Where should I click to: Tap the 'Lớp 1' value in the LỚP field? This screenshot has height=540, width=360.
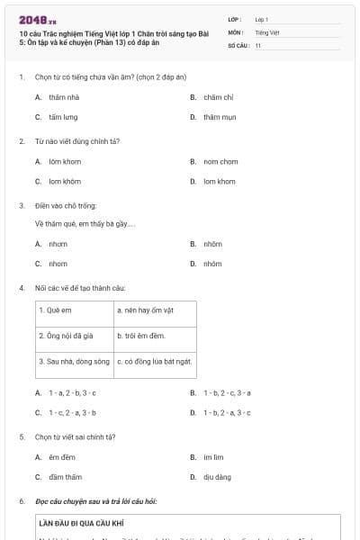click(262, 19)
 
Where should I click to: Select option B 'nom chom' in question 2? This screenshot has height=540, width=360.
click(220, 161)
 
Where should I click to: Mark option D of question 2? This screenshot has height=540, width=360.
click(219, 181)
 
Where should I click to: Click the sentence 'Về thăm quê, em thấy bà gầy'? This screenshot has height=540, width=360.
click(85, 224)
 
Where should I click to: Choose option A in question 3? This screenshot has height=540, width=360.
click(58, 244)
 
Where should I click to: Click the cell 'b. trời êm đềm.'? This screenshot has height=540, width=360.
click(141, 335)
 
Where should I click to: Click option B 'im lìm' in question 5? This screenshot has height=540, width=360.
click(213, 456)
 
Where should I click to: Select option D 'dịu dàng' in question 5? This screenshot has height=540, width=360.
click(217, 477)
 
